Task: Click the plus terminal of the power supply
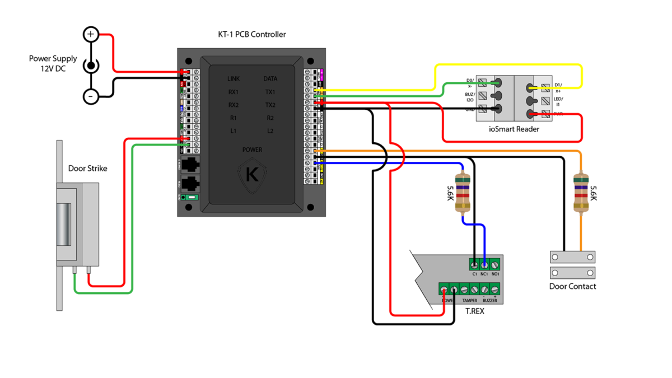pyautogui.click(x=91, y=35)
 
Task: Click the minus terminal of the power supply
pyautogui.click(x=91, y=96)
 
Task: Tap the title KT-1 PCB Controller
pyautogui.click(x=252, y=34)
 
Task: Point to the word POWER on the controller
pyautogui.click(x=252, y=150)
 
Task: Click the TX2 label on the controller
pyautogui.click(x=270, y=105)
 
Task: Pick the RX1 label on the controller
pyautogui.click(x=234, y=92)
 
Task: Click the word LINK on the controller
pyautogui.click(x=234, y=79)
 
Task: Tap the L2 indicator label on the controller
pyautogui.click(x=270, y=131)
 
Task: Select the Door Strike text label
pyautogui.click(x=87, y=169)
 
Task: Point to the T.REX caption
pyautogui.click(x=475, y=311)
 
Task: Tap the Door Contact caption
pyautogui.click(x=572, y=286)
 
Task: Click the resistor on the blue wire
pyautogui.click(x=463, y=193)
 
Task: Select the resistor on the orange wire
pyautogui.click(x=581, y=193)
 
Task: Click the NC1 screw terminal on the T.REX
pyautogui.click(x=484, y=264)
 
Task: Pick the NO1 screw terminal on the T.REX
pyautogui.click(x=495, y=264)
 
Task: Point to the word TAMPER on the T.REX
pyautogui.click(x=469, y=301)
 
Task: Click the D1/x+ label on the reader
pyautogui.click(x=558, y=88)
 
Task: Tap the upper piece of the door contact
pyautogui.click(x=572, y=257)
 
